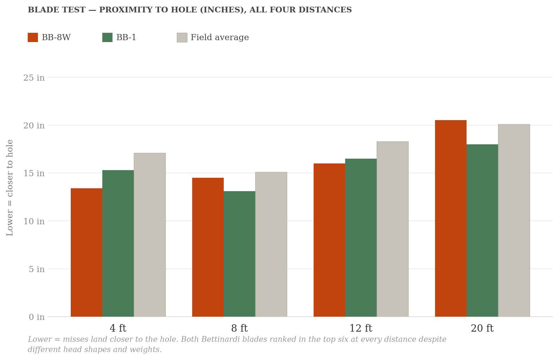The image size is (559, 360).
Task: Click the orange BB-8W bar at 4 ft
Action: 86,252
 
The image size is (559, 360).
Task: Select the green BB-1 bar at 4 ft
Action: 118,243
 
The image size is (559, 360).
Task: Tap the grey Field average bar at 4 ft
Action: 150,235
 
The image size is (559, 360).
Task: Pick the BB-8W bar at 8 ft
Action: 208,247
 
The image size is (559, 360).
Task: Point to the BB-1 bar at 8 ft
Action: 239,254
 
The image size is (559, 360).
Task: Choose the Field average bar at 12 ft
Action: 393,229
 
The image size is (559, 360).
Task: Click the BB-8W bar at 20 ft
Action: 451,218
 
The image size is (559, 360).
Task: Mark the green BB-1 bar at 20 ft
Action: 482,231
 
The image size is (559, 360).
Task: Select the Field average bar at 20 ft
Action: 514,220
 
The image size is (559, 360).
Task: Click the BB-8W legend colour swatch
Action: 33,37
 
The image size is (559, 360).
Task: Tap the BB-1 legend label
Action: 126,37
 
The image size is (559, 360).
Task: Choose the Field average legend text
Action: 220,37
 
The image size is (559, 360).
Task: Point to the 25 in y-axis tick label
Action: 34,77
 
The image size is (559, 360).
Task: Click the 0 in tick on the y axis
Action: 37,317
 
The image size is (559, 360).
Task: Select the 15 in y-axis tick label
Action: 34,173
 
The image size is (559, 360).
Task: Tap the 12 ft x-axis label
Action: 361,328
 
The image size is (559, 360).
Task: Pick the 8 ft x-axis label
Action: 239,328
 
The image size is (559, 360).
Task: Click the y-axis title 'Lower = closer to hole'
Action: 10,188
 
